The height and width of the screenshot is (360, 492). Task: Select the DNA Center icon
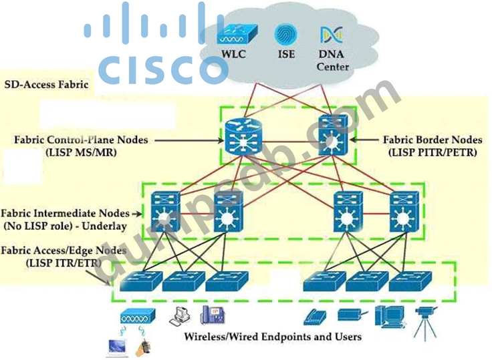click(329, 35)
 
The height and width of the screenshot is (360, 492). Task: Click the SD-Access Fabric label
click(47, 85)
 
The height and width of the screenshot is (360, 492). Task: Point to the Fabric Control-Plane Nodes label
click(81, 140)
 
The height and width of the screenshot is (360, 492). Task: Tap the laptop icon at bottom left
click(118, 345)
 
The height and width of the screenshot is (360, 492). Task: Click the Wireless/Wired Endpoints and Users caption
click(272, 336)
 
